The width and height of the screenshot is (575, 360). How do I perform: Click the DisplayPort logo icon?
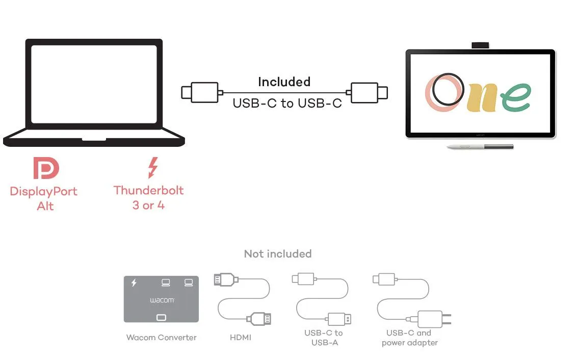[46, 168]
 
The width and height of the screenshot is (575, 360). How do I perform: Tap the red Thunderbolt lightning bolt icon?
[152, 168]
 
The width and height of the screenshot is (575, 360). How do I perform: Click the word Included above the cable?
[284, 82]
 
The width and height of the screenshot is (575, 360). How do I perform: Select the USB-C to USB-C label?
[287, 103]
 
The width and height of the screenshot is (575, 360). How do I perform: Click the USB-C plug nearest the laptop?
[200, 92]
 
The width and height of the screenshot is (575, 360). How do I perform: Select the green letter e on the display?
[515, 97]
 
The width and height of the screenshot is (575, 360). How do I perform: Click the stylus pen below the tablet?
[480, 147]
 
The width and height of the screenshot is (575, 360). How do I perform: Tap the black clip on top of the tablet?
[480, 45]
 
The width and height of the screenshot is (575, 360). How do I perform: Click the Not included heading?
[277, 253]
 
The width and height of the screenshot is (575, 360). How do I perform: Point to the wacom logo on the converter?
[162, 300]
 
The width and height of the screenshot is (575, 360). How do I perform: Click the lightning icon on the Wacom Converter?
[134, 282]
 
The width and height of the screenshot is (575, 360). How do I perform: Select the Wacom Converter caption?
[161, 337]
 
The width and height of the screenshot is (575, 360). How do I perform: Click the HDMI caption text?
[241, 337]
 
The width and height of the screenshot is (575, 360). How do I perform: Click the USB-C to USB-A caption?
[324, 337]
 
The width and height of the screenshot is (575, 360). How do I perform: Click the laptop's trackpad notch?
[94, 138]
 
